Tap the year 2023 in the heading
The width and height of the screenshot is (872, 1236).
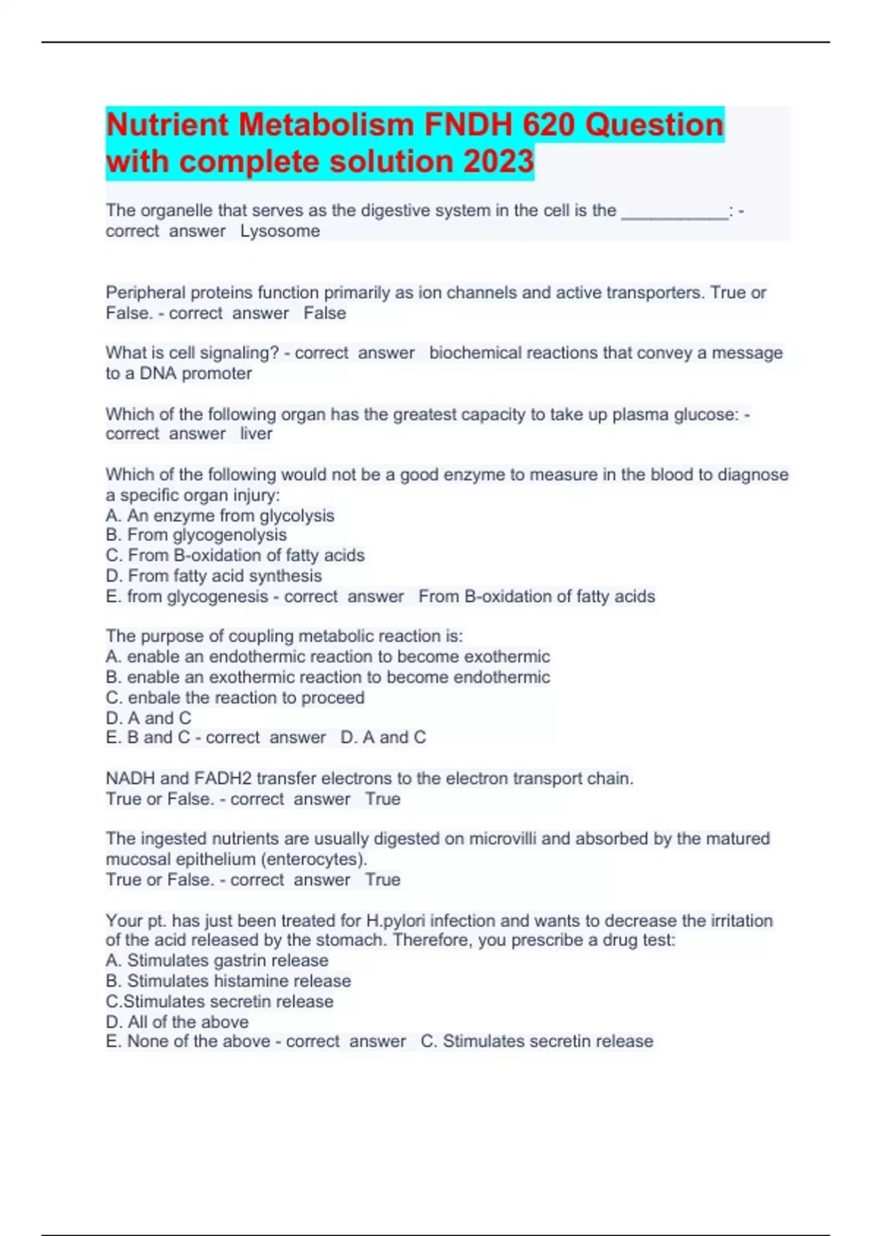(498, 161)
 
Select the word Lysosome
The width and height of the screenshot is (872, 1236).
(280, 231)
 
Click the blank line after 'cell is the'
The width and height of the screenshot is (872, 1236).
(674, 212)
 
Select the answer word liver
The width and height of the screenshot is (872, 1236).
(256, 434)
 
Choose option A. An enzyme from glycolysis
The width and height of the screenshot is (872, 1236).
(219, 515)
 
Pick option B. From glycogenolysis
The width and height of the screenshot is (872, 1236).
(196, 535)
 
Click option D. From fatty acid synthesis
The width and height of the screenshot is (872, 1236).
(214, 576)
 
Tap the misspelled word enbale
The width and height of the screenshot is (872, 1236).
(154, 698)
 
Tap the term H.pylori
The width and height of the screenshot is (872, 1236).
(396, 920)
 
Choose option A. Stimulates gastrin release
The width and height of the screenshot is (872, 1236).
(217, 960)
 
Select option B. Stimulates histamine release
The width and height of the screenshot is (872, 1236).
(228, 981)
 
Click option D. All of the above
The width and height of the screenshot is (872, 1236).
(177, 1022)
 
